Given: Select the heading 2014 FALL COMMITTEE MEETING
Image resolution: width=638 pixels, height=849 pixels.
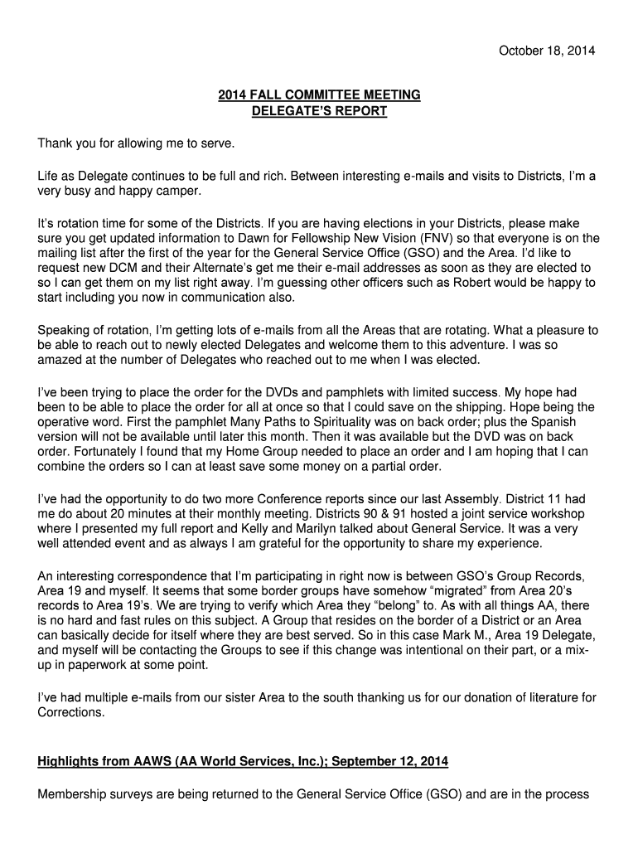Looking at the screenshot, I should [319, 95].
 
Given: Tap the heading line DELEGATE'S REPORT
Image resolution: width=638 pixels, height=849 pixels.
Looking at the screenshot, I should [319, 110].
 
